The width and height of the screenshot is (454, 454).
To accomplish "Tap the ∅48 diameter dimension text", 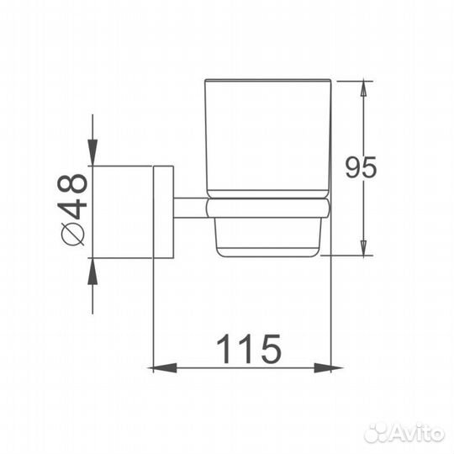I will (x=74, y=209).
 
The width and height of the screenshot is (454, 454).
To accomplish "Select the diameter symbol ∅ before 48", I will (x=74, y=233).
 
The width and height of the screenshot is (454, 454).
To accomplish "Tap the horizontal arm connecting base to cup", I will (x=189, y=208).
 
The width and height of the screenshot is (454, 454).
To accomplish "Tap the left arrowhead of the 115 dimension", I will (x=158, y=367).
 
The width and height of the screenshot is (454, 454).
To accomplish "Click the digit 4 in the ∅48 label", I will (x=74, y=209).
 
